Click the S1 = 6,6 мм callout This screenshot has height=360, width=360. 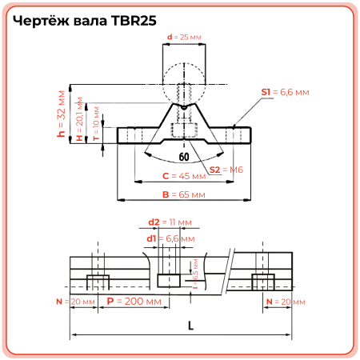[x=284, y=93]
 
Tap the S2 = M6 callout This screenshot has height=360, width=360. [x=226, y=170]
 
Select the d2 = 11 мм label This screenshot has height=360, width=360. [x=170, y=221]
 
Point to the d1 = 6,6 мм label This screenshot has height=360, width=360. [x=170, y=238]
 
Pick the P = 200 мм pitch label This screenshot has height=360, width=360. [x=133, y=302]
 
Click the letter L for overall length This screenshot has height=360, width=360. [x=190, y=326]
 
